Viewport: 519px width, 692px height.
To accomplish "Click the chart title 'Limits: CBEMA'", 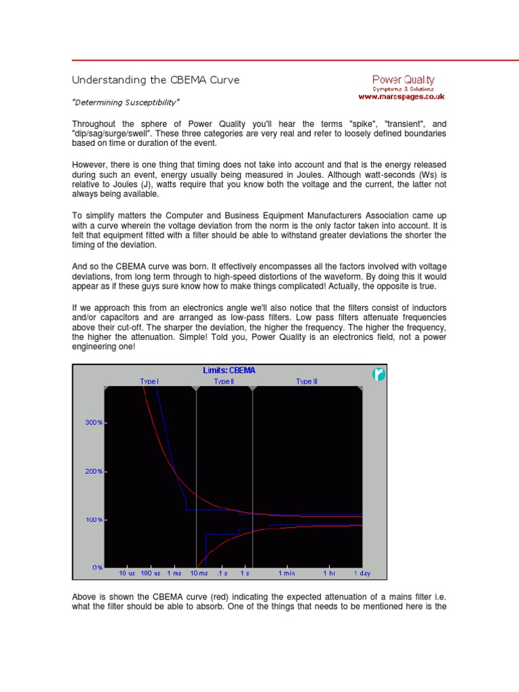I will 229,370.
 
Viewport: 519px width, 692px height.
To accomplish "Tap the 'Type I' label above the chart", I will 149,382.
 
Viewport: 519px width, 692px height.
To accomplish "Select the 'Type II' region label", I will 224,382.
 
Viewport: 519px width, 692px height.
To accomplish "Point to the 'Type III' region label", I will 306,382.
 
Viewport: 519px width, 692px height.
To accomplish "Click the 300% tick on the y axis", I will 93,422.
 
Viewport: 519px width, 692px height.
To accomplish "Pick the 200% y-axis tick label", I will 93,471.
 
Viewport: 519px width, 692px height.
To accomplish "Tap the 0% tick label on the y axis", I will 97,568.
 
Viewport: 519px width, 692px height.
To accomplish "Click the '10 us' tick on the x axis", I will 127,573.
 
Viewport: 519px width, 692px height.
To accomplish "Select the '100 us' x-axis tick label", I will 151,573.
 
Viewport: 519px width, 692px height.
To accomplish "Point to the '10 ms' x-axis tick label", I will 199,573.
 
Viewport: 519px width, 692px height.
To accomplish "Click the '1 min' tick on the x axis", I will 288,573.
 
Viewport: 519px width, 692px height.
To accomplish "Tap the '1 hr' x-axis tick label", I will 329,573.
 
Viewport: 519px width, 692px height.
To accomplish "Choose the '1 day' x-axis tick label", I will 362,573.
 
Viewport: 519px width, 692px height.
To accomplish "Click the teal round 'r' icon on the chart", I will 379,374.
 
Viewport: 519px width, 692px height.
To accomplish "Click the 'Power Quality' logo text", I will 403,80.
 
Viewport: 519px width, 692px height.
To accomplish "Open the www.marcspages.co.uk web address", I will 401,97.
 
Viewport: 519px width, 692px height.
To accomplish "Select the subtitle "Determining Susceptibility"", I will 126,102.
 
